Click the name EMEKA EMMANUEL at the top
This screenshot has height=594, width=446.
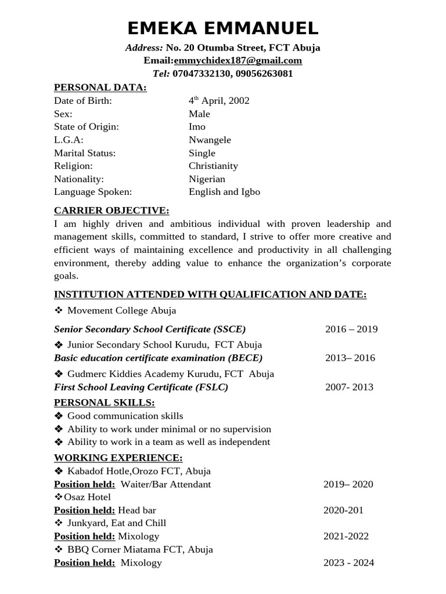point(222,28)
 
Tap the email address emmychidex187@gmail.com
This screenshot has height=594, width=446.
point(238,60)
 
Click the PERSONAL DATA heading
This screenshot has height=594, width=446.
point(100,88)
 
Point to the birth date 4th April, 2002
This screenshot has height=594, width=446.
point(219,101)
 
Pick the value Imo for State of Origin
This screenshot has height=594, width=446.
point(197,126)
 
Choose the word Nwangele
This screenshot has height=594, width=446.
point(210,140)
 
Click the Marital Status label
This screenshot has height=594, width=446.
point(85,153)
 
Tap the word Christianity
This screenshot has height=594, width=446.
point(213,166)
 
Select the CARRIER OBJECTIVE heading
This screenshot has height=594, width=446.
point(111,210)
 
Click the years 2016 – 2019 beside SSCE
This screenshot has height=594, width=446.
point(351,329)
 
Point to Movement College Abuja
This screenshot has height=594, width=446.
point(122,311)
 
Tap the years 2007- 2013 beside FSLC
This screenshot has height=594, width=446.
point(350,387)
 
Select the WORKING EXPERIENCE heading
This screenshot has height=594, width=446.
point(118,458)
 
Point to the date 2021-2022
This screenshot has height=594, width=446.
point(346,537)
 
